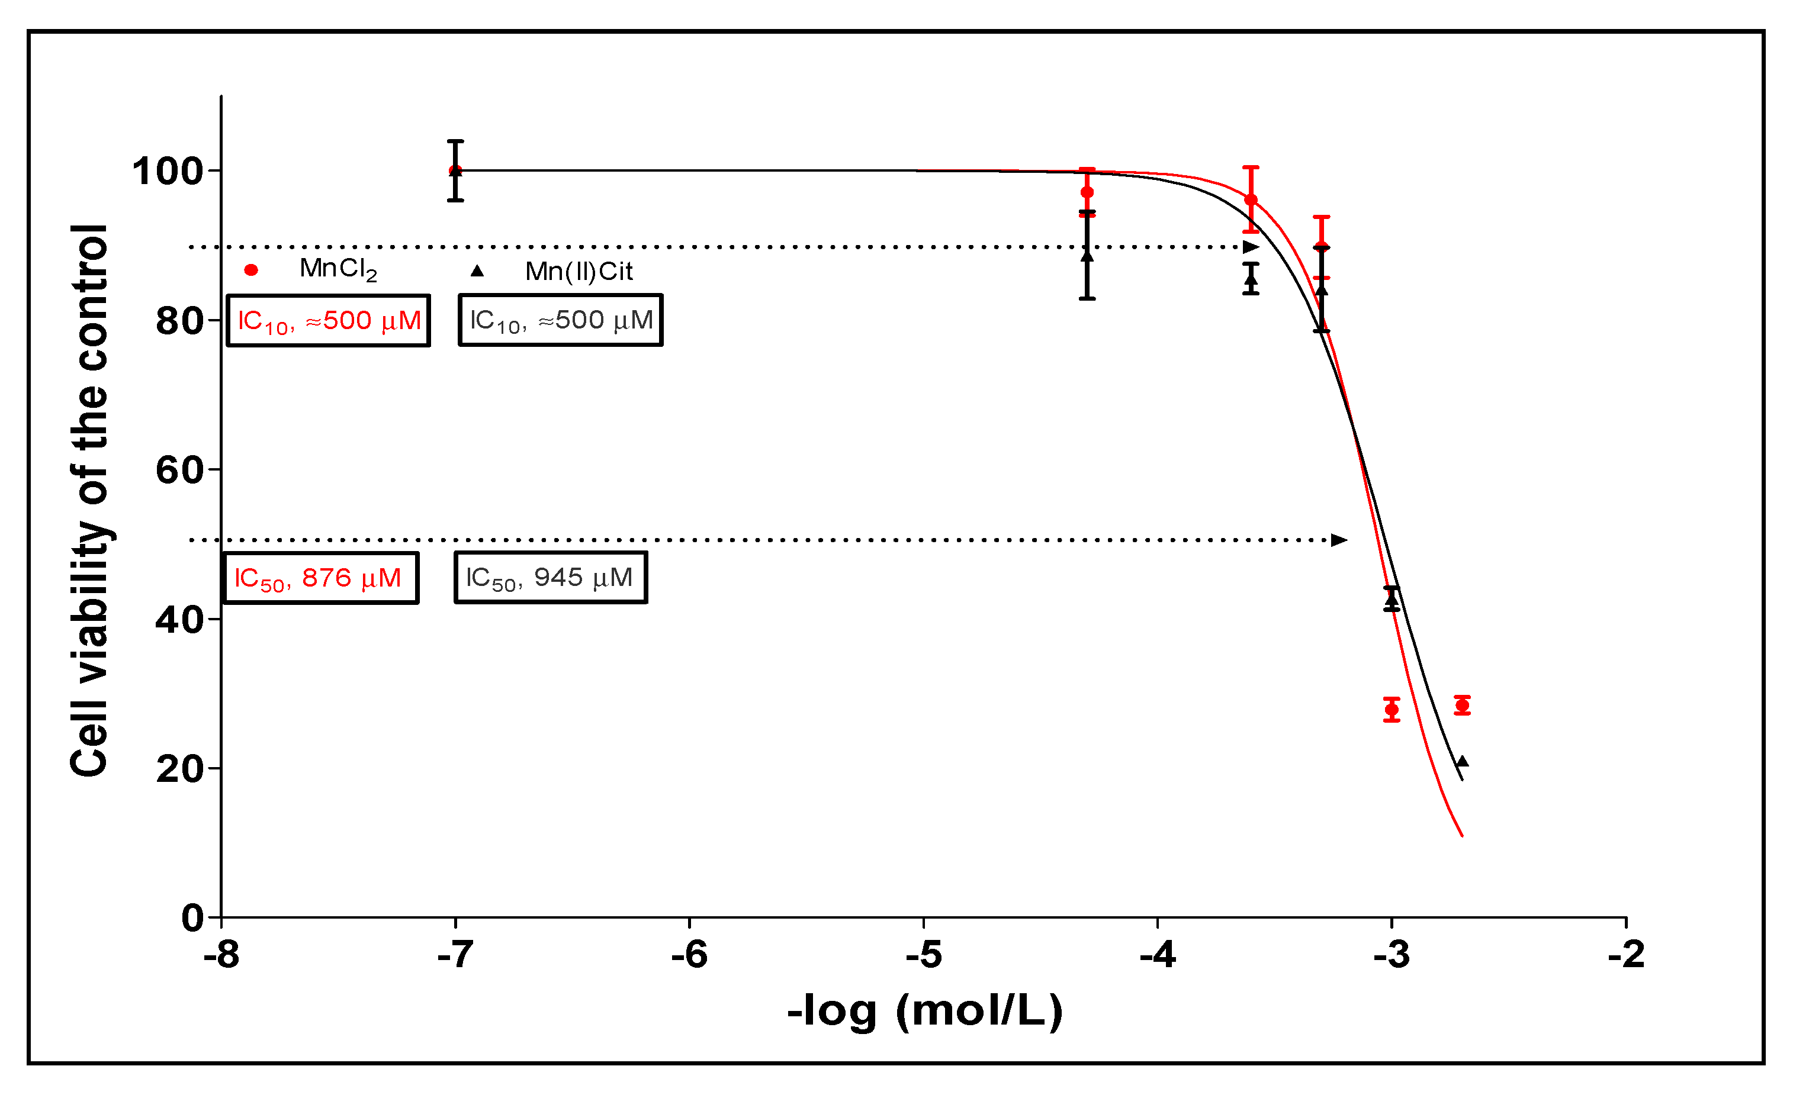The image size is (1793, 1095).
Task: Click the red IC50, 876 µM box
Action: pos(321,578)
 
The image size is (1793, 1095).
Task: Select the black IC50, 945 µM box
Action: pos(551,578)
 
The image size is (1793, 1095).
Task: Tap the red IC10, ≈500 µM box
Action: pos(328,320)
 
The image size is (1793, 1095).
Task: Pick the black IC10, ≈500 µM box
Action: pos(560,320)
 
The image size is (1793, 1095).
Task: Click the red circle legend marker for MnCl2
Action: pos(251,270)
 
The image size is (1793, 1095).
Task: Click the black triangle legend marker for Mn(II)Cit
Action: pos(477,270)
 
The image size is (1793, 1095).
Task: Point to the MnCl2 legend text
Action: pos(338,269)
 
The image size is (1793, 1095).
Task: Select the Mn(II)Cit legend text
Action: pos(579,272)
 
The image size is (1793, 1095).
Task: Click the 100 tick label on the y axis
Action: pos(166,172)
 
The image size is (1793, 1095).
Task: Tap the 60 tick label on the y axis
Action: pos(178,471)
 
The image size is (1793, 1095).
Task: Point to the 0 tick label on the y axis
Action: pos(192,918)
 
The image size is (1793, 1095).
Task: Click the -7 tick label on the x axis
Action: pos(455,955)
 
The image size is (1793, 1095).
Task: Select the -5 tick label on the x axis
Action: pos(923,955)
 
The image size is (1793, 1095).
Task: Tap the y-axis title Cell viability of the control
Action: pos(89,501)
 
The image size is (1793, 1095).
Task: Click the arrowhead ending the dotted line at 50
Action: pos(1339,540)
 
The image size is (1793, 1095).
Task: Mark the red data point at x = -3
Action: pos(1392,710)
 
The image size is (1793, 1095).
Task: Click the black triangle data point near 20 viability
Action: pos(1462,762)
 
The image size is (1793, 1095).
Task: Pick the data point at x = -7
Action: pos(455,171)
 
